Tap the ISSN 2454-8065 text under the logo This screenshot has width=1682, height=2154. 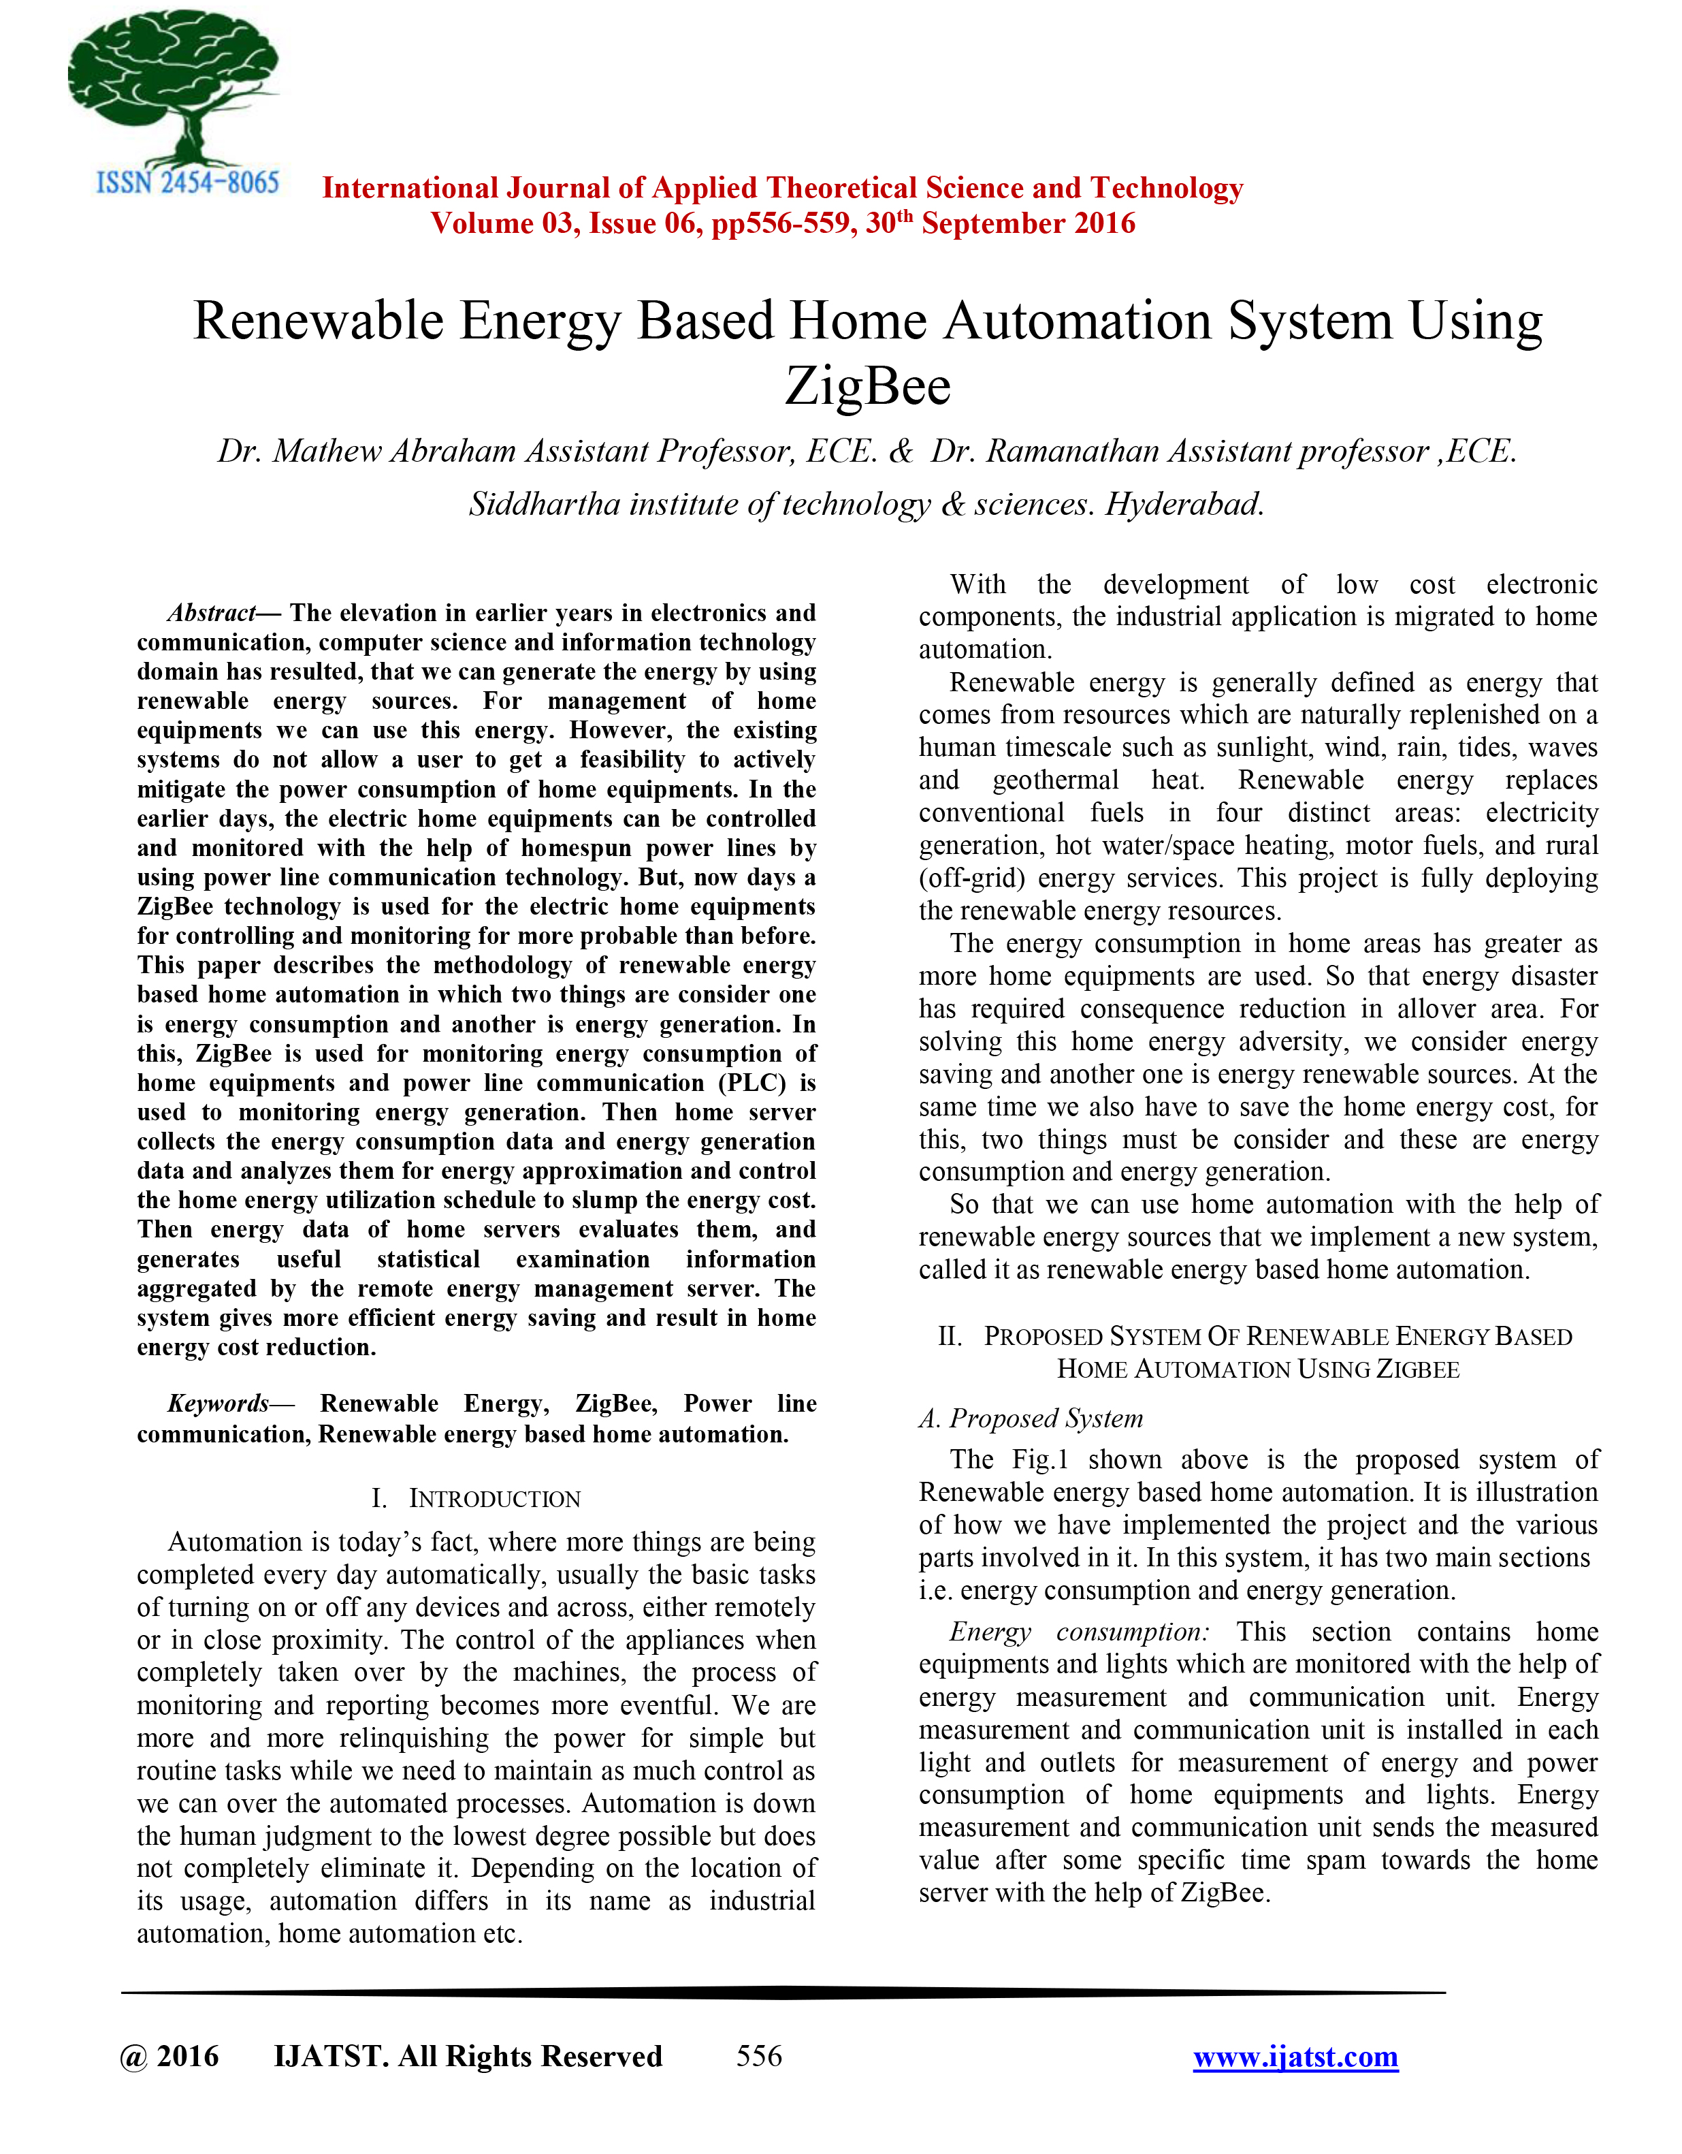pos(187,183)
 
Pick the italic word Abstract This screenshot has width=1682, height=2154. pos(211,614)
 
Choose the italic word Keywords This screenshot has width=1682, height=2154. pos(218,1404)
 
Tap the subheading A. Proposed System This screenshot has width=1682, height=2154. pos(1031,1419)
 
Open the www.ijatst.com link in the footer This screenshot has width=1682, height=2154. pos(1295,2057)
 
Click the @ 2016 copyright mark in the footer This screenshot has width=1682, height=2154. pos(169,2057)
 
